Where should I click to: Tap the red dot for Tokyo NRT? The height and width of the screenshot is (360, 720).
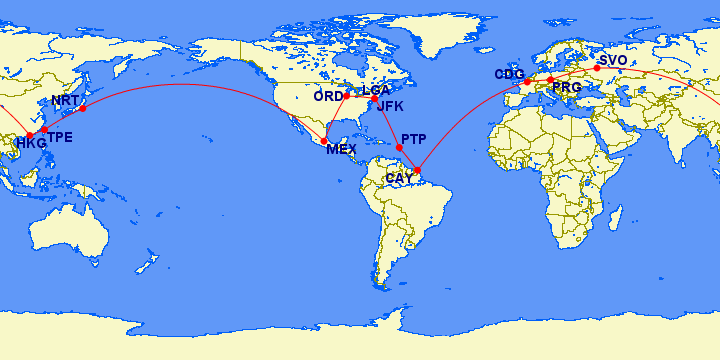point(83,107)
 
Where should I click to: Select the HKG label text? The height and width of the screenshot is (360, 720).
point(31,144)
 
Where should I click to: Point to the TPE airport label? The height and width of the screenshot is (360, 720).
point(60,138)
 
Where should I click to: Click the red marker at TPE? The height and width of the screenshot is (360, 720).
point(44,130)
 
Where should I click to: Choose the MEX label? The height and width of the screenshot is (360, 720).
point(341,150)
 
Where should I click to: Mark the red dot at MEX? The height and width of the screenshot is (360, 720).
point(324,140)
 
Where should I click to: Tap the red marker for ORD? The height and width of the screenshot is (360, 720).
point(346,96)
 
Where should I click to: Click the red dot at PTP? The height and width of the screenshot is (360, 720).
point(399,148)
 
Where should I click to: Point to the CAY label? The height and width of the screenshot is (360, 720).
point(398,178)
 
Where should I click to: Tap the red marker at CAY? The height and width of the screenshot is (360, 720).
point(417,170)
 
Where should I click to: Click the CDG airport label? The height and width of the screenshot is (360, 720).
point(509,75)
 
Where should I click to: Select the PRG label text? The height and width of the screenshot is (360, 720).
point(566,88)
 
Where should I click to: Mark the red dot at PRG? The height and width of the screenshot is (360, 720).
point(550,79)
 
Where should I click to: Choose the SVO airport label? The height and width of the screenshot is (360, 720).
point(613,61)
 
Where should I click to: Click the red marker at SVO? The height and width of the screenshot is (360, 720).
point(597,68)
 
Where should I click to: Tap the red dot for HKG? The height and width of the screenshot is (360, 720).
point(29,135)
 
